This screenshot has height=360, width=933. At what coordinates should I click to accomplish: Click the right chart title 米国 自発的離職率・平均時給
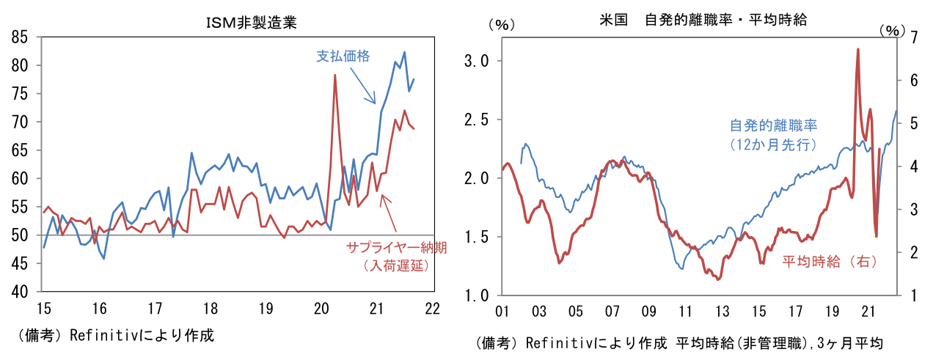(x=703, y=21)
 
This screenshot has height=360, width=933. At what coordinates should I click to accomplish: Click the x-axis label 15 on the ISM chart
(x=43, y=309)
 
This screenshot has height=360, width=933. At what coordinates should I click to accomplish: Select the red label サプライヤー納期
(x=396, y=248)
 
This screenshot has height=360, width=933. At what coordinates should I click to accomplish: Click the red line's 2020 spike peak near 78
(x=334, y=76)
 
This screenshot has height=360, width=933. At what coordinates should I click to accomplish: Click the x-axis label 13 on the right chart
(x=722, y=312)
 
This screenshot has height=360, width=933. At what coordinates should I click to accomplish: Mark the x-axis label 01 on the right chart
(x=502, y=312)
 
